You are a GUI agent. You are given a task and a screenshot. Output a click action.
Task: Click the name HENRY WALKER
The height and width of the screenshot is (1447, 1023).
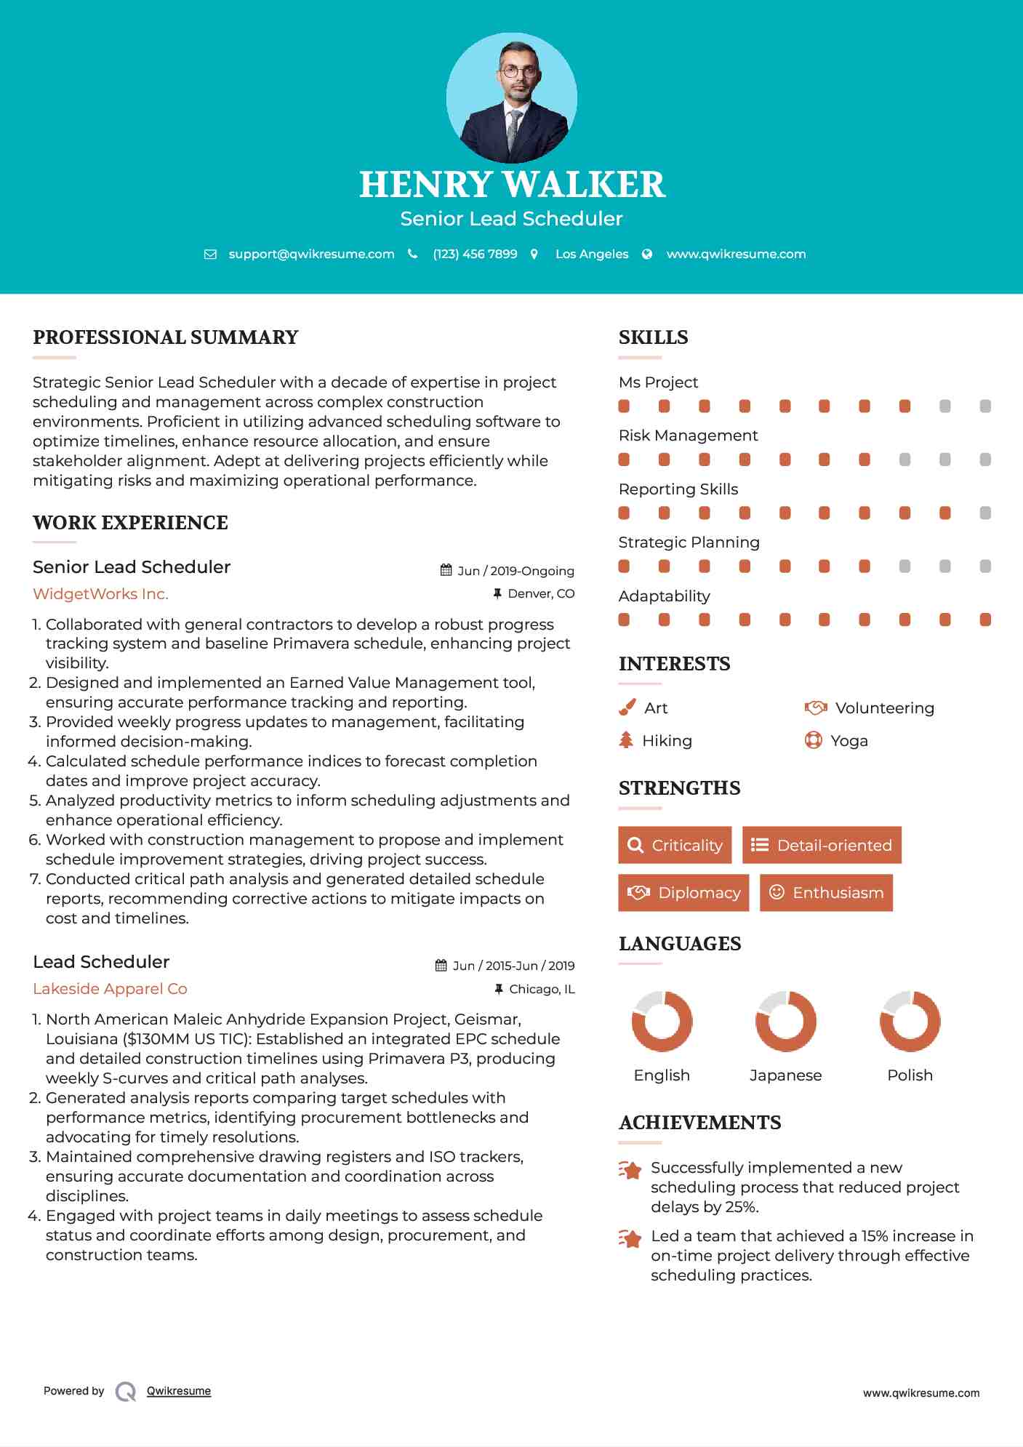pos(511,184)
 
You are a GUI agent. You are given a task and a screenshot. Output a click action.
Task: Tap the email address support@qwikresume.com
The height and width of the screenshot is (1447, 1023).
pos(311,254)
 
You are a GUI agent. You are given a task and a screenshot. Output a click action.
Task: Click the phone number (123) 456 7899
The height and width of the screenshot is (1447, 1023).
pos(475,254)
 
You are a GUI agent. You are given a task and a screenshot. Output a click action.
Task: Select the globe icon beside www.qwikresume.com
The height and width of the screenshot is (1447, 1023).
pos(647,254)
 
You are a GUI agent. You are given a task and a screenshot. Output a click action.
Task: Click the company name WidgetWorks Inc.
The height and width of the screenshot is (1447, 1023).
pos(100,594)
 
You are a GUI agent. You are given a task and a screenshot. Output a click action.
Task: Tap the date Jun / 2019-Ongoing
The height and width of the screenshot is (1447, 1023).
pos(515,571)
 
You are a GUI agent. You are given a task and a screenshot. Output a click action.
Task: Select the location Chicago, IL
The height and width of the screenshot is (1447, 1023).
pos(542,989)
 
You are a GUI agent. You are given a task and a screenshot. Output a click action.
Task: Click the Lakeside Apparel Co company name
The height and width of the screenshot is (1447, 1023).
pos(110,989)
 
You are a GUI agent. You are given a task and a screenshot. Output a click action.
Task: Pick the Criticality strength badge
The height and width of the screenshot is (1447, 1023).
pos(675,845)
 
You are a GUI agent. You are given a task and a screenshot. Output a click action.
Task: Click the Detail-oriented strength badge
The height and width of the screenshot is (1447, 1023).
pos(822,845)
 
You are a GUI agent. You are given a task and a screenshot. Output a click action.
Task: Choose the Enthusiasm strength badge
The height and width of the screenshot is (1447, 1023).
pos(826,892)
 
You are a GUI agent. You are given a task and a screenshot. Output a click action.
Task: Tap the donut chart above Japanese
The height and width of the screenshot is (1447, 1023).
pos(785,1021)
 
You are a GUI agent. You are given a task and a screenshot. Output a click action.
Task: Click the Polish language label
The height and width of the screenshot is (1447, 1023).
pos(910,1075)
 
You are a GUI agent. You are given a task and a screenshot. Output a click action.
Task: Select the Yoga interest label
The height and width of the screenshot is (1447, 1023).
pos(849,740)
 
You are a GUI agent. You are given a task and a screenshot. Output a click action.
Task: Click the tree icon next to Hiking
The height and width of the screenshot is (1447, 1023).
pos(626,740)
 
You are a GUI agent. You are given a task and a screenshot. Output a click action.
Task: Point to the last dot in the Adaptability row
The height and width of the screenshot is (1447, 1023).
pos(985,620)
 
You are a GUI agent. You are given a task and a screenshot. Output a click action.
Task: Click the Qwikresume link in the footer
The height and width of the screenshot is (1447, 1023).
pos(179,1391)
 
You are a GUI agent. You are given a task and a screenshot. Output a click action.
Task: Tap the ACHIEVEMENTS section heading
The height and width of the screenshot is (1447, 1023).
pos(699,1123)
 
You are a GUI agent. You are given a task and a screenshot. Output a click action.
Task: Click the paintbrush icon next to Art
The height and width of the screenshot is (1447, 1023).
pos(627,708)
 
